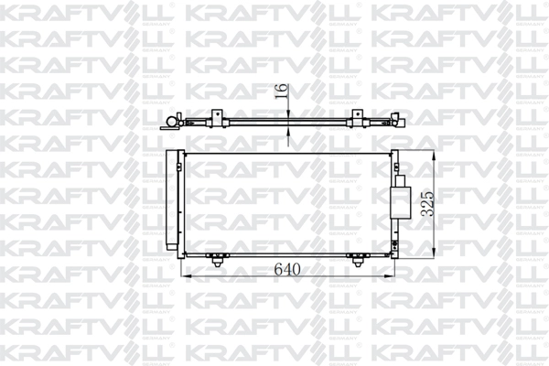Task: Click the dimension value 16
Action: tap(282, 91)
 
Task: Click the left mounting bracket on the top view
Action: tap(217, 117)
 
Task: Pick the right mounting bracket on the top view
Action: tap(354, 117)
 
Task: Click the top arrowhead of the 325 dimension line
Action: tap(434, 152)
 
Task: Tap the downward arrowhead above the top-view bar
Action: tap(290, 113)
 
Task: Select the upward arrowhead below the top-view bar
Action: tap(290, 130)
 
